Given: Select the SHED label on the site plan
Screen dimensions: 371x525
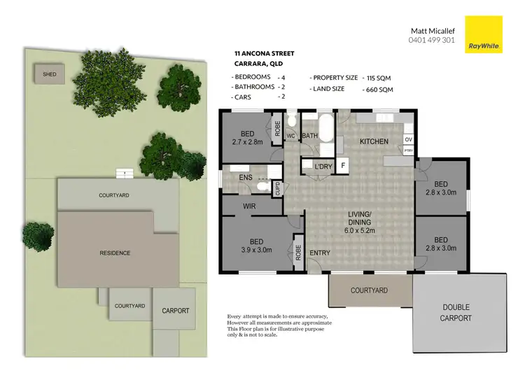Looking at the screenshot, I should click(50, 73).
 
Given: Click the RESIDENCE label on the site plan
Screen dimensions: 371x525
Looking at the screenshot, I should click(115, 253).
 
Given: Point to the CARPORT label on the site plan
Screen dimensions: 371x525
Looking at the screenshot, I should click(176, 311).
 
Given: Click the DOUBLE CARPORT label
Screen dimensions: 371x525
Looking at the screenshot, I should click(456, 313).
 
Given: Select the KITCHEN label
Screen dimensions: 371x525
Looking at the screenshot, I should click(374, 142).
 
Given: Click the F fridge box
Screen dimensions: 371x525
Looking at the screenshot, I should click(343, 166).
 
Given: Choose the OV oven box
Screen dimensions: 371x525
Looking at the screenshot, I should click(408, 139).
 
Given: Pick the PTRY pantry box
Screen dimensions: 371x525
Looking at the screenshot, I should click(408, 150).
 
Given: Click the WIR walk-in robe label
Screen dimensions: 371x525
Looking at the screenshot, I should click(248, 206).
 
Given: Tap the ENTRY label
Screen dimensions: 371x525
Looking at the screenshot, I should click(320, 253).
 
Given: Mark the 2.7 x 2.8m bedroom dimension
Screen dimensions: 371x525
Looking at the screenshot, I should click(247, 141).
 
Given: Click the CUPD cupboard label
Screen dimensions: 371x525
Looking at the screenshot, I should click(277, 188).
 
